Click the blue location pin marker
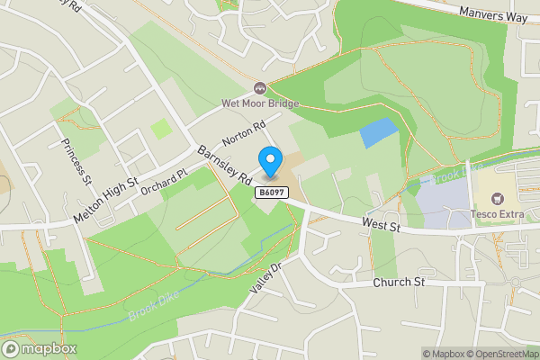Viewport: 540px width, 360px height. coord(269,162)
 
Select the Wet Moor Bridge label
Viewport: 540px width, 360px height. coord(260,103)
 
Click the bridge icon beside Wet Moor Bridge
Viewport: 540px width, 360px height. coord(260,88)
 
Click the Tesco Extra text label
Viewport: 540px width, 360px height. coord(497,213)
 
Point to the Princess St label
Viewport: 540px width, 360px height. coord(76,157)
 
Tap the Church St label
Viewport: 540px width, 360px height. coord(399,282)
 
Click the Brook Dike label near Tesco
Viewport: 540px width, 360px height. coord(456,172)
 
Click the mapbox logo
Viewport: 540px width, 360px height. coord(40,348)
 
